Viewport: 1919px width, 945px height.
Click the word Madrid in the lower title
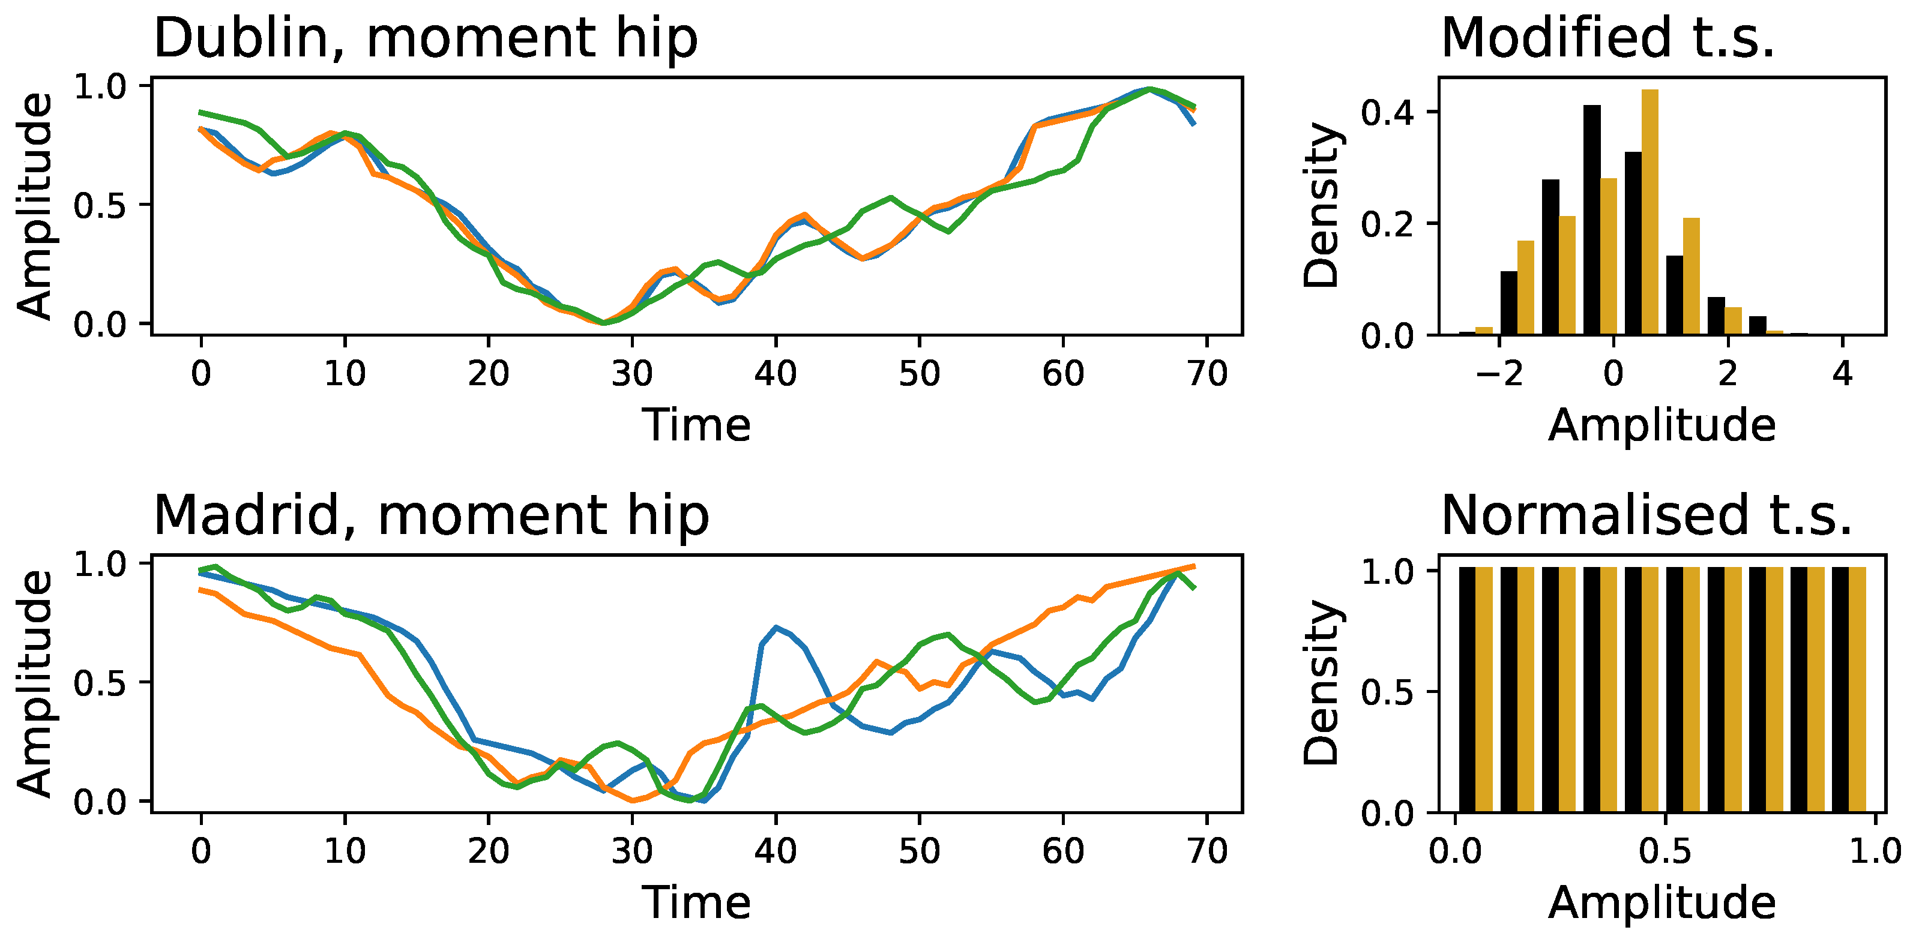pyautogui.click(x=246, y=515)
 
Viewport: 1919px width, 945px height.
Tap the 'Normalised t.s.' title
pyautogui.click(x=1646, y=515)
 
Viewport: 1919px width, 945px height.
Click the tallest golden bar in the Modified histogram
pyautogui.click(x=1649, y=212)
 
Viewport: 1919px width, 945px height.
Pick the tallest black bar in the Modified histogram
pyautogui.click(x=1592, y=220)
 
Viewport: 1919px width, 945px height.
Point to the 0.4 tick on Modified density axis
pyautogui.click(x=1387, y=112)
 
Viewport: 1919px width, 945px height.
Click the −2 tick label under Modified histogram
pyautogui.click(x=1499, y=373)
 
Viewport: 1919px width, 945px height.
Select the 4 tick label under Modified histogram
pyautogui.click(x=1842, y=373)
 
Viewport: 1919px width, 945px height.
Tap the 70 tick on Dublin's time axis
pyautogui.click(x=1207, y=373)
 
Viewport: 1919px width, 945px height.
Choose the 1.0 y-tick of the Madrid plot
pyautogui.click(x=101, y=565)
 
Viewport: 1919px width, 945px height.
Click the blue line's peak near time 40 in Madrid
pyautogui.click(x=776, y=627)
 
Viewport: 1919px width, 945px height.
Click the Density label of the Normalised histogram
pyautogui.click(x=1322, y=683)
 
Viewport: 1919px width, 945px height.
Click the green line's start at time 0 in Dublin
pyautogui.click(x=201, y=112)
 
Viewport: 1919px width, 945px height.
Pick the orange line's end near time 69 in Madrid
pyautogui.click(x=1193, y=567)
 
